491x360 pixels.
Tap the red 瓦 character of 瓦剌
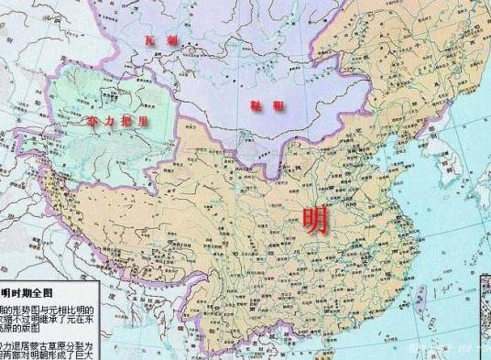157,41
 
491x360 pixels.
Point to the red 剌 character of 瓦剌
173,41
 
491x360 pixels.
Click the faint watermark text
449,349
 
